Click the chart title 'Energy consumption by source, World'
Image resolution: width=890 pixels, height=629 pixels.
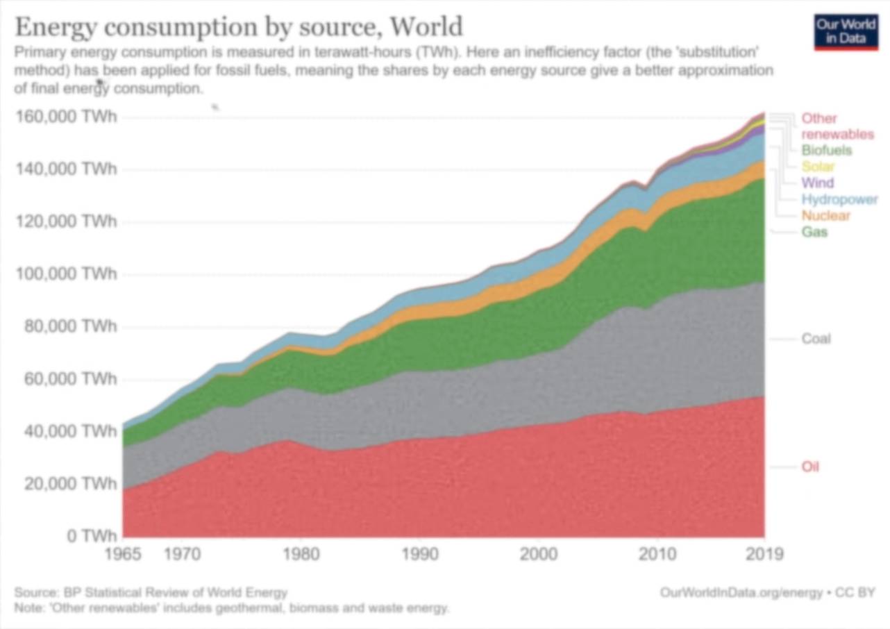pyautogui.click(x=238, y=27)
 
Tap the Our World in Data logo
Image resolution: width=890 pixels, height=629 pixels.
pyautogui.click(x=846, y=32)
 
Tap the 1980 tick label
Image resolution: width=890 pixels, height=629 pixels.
pyautogui.click(x=300, y=555)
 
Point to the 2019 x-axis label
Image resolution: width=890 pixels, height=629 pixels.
pyautogui.click(x=764, y=555)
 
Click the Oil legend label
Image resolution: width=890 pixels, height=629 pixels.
pyautogui.click(x=810, y=467)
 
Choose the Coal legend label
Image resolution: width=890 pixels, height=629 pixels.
pyautogui.click(x=816, y=339)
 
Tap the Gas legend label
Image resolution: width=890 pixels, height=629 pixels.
pyautogui.click(x=814, y=232)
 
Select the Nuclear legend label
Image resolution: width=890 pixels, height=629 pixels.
pyautogui.click(x=825, y=215)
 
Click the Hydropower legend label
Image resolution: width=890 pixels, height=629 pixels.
pyautogui.click(x=839, y=199)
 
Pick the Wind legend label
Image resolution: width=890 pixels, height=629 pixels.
pyautogui.click(x=817, y=183)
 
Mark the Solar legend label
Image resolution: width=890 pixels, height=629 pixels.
pyautogui.click(x=817, y=167)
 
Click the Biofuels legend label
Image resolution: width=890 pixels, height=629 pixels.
pyautogui.click(x=826, y=151)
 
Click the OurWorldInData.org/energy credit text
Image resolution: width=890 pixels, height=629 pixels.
pyautogui.click(x=740, y=592)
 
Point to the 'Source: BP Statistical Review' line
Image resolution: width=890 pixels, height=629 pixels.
pyautogui.click(x=151, y=592)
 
